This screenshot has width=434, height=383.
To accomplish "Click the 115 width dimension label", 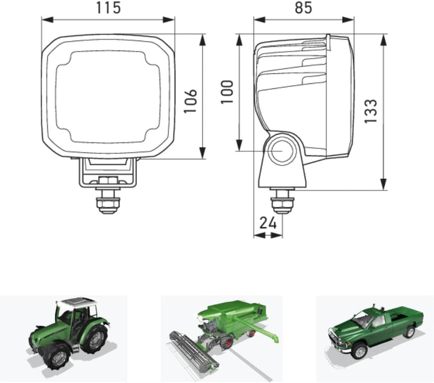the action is (x=108, y=8).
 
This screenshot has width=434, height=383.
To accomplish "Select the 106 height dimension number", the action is (x=190, y=101).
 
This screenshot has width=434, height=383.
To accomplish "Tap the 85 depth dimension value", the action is (x=303, y=8).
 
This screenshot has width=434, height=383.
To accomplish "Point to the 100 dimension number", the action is (x=227, y=92).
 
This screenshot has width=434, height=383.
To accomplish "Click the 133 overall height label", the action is (x=371, y=111).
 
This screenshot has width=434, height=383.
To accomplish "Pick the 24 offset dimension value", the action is (x=268, y=223).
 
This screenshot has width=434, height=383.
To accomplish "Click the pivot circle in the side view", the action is (x=281, y=151).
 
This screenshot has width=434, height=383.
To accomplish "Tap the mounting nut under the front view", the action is (x=108, y=203).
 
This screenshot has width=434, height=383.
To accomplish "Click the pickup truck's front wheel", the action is (x=359, y=351).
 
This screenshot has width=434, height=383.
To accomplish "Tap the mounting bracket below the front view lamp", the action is (x=108, y=173).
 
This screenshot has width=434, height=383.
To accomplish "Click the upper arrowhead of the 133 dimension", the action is (x=383, y=40).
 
